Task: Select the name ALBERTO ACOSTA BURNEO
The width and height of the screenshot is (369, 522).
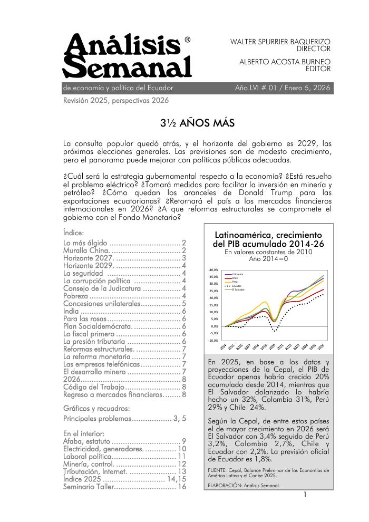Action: tap(285, 61)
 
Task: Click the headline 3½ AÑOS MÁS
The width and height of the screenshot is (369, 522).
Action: tap(197, 124)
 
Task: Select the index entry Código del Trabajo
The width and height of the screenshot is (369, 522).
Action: tap(93, 387)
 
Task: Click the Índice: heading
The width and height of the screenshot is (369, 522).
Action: tap(73, 232)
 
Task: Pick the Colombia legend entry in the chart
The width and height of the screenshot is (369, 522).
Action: tap(237, 274)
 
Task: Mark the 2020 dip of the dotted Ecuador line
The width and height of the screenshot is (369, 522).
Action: tap(274, 331)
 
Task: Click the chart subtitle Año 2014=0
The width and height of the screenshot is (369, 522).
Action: tap(268, 259)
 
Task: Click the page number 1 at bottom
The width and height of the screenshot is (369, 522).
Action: tap(305, 496)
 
